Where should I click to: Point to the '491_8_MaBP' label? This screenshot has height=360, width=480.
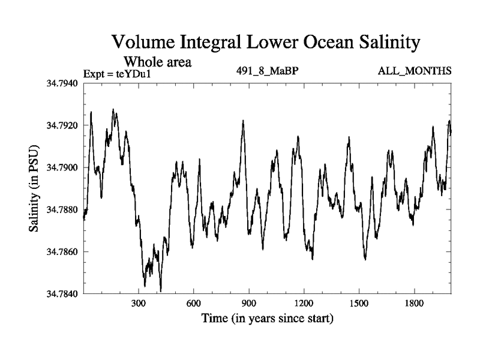(x=268, y=71)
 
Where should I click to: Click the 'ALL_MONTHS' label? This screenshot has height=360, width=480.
(x=414, y=71)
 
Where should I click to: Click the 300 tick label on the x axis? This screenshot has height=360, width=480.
(x=139, y=304)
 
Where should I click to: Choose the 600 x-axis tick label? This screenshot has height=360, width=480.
(x=194, y=304)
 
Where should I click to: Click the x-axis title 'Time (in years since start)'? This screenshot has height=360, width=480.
(x=268, y=318)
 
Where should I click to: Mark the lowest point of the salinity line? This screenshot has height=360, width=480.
(x=161, y=291)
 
